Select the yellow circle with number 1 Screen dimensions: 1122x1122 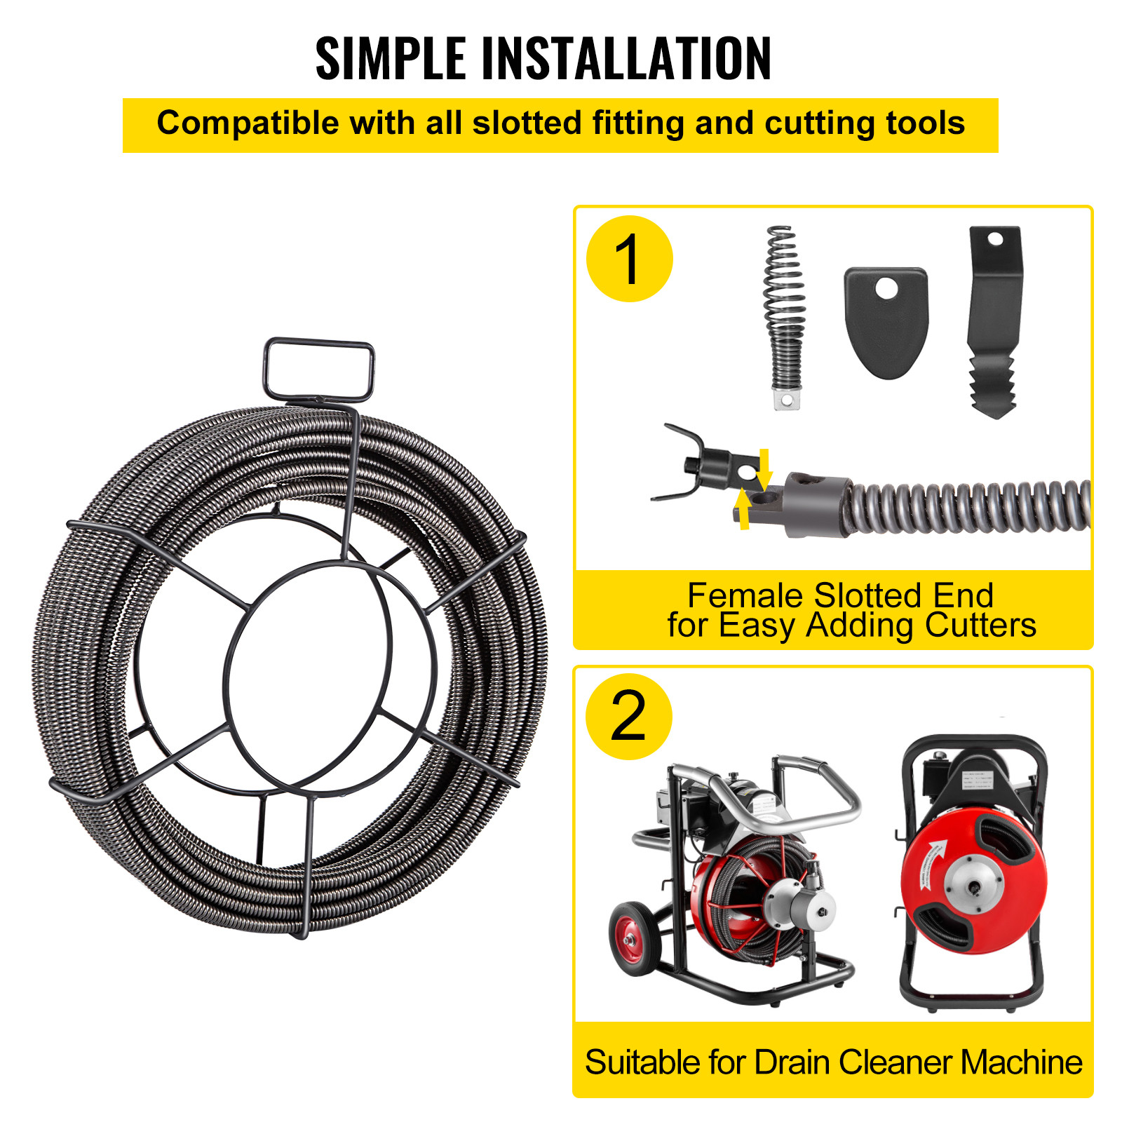(x=629, y=259)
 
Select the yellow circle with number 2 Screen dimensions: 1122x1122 (x=628, y=716)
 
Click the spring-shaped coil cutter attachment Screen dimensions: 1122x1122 (x=783, y=316)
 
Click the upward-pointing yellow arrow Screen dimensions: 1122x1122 (x=743, y=509)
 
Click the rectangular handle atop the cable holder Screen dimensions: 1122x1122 (x=319, y=370)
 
